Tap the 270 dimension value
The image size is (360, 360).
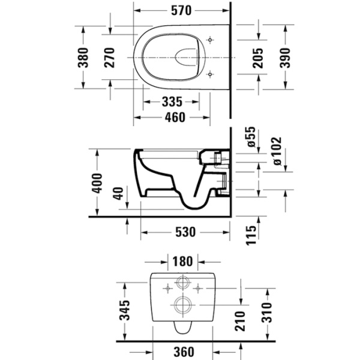[110, 58]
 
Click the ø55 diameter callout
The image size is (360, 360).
[251, 137]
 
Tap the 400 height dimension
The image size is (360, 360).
[99, 181]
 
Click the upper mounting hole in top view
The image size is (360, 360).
[209, 40]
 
